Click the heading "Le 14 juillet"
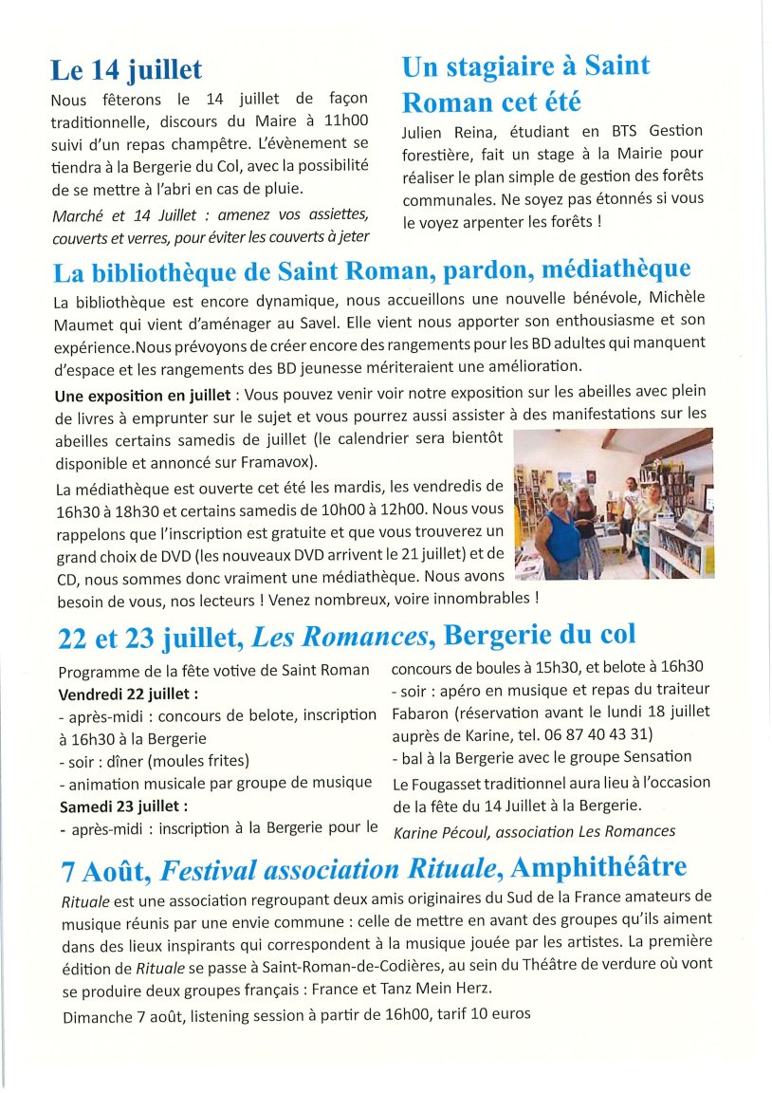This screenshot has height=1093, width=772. click(x=126, y=70)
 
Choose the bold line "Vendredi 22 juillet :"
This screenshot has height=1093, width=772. click(x=129, y=693)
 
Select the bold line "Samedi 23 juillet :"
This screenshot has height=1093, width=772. click(x=123, y=806)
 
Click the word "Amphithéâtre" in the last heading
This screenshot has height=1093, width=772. click(x=597, y=867)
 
